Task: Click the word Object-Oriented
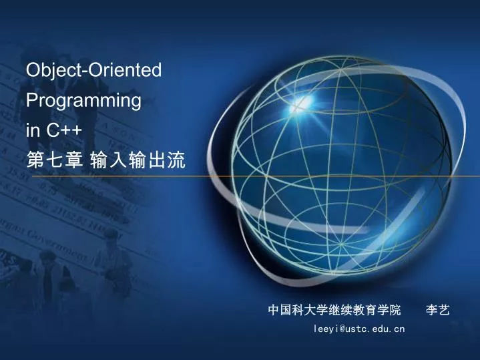click(x=93, y=70)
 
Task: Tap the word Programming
click(x=83, y=101)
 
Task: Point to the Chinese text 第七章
click(x=54, y=161)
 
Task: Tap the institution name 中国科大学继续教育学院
click(x=334, y=310)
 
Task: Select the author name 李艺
click(x=438, y=310)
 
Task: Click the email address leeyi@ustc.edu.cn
click(x=359, y=329)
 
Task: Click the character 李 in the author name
click(x=431, y=310)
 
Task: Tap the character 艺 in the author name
click(x=444, y=310)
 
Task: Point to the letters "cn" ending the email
click(x=399, y=329)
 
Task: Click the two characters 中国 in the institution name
click(x=279, y=310)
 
